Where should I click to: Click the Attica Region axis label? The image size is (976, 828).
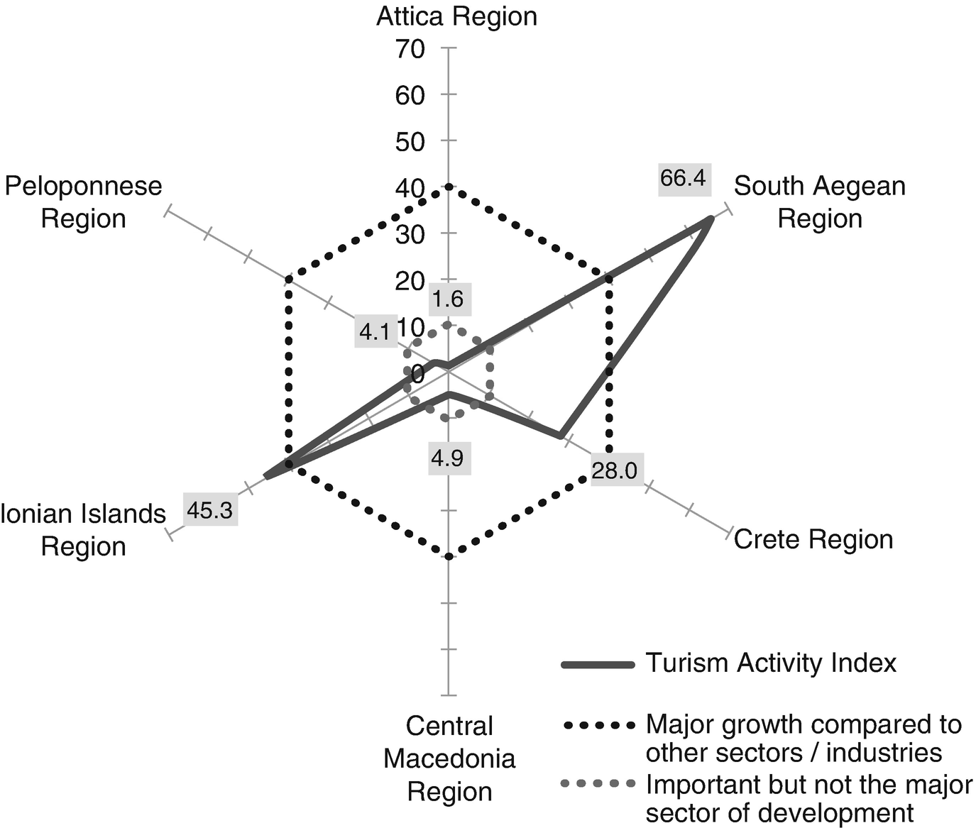(x=456, y=16)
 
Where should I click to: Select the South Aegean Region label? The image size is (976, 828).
(x=820, y=202)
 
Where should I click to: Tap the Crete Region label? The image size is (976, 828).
(x=813, y=539)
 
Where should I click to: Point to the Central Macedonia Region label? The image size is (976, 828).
(x=449, y=758)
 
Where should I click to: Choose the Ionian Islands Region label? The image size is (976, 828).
(x=83, y=530)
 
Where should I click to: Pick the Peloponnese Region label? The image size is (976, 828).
(x=84, y=202)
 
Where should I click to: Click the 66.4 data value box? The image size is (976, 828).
(x=683, y=177)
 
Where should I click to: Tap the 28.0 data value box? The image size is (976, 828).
(x=615, y=470)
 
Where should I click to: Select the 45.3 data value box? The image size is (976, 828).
(x=210, y=509)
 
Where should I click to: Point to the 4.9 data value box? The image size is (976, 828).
(x=448, y=458)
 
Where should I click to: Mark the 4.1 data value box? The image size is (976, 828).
(x=374, y=331)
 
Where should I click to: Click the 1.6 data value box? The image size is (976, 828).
(x=448, y=299)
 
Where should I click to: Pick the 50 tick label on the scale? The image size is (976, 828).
(x=410, y=141)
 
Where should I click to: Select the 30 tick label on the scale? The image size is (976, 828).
(x=410, y=234)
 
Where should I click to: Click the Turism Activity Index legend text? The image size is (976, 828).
(x=771, y=663)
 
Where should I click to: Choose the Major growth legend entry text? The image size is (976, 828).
(x=804, y=739)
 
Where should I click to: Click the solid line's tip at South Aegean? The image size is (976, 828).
(x=709, y=221)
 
